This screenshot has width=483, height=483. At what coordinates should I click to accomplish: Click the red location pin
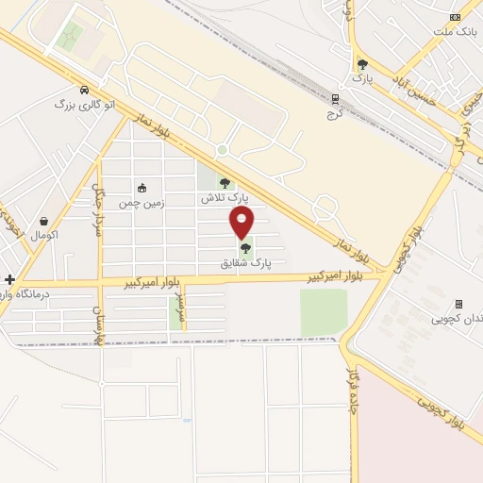[x=242, y=223]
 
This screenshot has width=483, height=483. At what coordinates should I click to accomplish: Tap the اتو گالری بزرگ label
[x=84, y=106]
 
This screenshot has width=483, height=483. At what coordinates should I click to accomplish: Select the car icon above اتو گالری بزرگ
[x=85, y=91]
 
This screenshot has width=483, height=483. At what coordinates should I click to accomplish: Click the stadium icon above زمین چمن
[x=142, y=188]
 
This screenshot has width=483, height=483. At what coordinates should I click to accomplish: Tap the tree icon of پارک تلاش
[x=225, y=184]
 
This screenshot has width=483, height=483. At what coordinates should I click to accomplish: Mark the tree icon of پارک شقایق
[x=246, y=249]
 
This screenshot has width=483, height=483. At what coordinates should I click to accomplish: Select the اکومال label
[x=44, y=233]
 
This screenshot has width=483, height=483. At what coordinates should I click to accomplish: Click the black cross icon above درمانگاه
[x=9, y=279]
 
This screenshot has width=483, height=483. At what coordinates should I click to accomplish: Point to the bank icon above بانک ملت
[x=457, y=16]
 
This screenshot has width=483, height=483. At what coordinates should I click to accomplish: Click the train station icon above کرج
[x=336, y=97]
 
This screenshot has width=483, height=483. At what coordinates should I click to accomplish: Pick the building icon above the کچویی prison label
[x=458, y=304]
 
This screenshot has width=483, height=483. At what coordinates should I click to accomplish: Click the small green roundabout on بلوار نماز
[x=222, y=149]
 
